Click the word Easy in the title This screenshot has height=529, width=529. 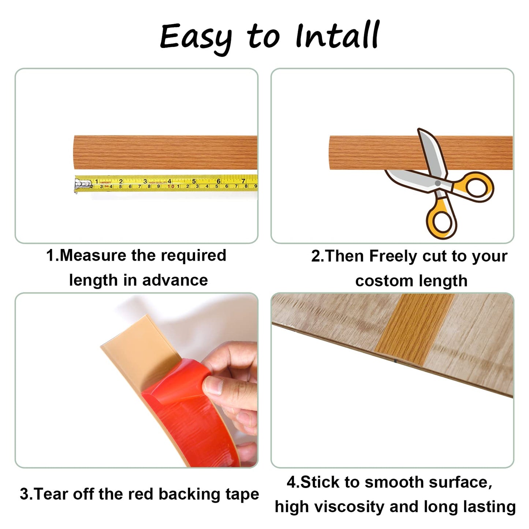(x=196, y=37)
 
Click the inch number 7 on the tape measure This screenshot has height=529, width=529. (x=243, y=181)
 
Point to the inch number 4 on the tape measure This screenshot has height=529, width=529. (x=169, y=181)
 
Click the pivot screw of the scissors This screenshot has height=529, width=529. (x=437, y=183)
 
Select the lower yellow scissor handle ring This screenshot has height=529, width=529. (x=442, y=221)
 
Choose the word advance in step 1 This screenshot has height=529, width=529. (x=175, y=280)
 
